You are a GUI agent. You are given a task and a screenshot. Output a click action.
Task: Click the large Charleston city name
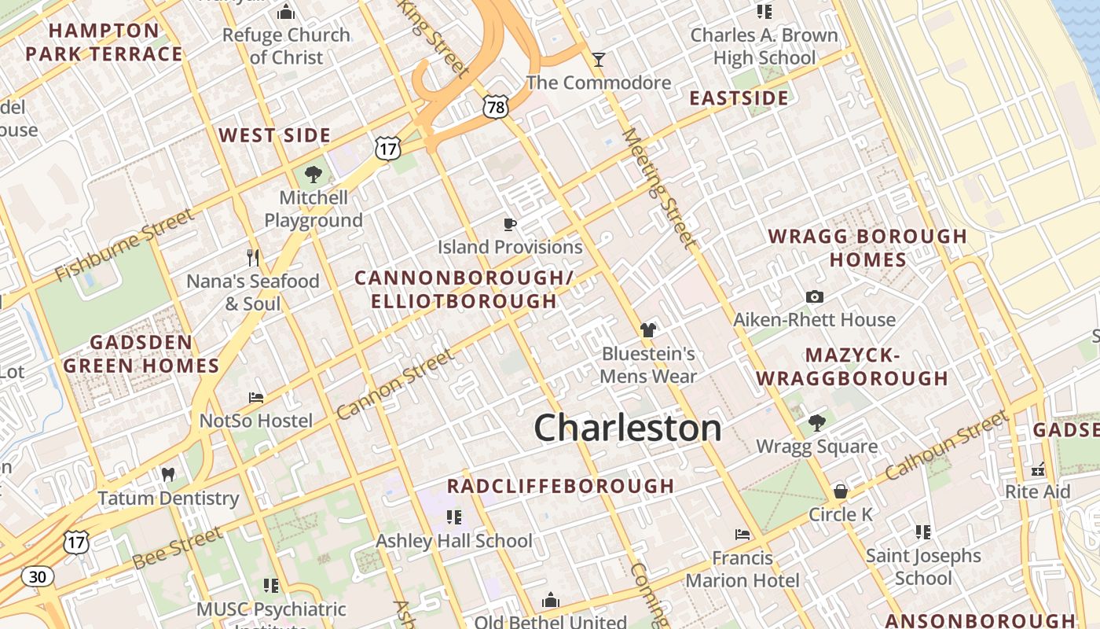pyautogui.click(x=628, y=429)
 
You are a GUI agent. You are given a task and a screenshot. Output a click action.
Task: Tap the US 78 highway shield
pyautogui.click(x=496, y=107)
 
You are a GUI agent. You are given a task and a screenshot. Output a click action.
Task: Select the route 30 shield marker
pyautogui.click(x=37, y=576)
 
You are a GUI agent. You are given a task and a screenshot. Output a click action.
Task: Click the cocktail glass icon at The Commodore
pyautogui.click(x=599, y=60)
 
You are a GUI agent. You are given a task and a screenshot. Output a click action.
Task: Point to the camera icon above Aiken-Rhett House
pyautogui.click(x=815, y=296)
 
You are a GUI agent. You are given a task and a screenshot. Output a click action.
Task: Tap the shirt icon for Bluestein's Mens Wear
pyautogui.click(x=648, y=330)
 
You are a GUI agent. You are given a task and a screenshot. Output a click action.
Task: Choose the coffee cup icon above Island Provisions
pyautogui.click(x=510, y=225)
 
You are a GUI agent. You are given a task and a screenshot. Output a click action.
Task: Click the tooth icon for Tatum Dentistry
pyautogui.click(x=167, y=474)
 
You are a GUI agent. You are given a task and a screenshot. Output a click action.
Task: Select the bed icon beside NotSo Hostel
pyautogui.click(x=256, y=398)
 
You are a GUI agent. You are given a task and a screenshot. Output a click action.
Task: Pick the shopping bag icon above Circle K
pyautogui.click(x=840, y=491)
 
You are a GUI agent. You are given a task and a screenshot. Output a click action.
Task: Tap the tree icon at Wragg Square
pyautogui.click(x=817, y=423)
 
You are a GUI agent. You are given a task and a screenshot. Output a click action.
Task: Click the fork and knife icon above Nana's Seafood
pyautogui.click(x=253, y=257)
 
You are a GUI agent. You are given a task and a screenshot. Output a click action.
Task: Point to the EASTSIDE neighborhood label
pyautogui.click(x=739, y=98)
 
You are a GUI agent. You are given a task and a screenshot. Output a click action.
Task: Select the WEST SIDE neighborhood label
pyautogui.click(x=275, y=135)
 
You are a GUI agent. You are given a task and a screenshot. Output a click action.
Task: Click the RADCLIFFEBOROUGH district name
pyautogui.click(x=561, y=486)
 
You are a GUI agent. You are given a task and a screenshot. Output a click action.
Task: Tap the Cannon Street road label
pyautogui.click(x=395, y=384)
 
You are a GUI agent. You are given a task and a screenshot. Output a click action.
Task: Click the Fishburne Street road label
pyautogui.click(x=124, y=245)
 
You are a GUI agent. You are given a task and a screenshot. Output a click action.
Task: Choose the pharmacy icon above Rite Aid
pyautogui.click(x=1038, y=469)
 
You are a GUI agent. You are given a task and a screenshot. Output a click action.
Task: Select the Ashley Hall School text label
pyautogui.click(x=454, y=541)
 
